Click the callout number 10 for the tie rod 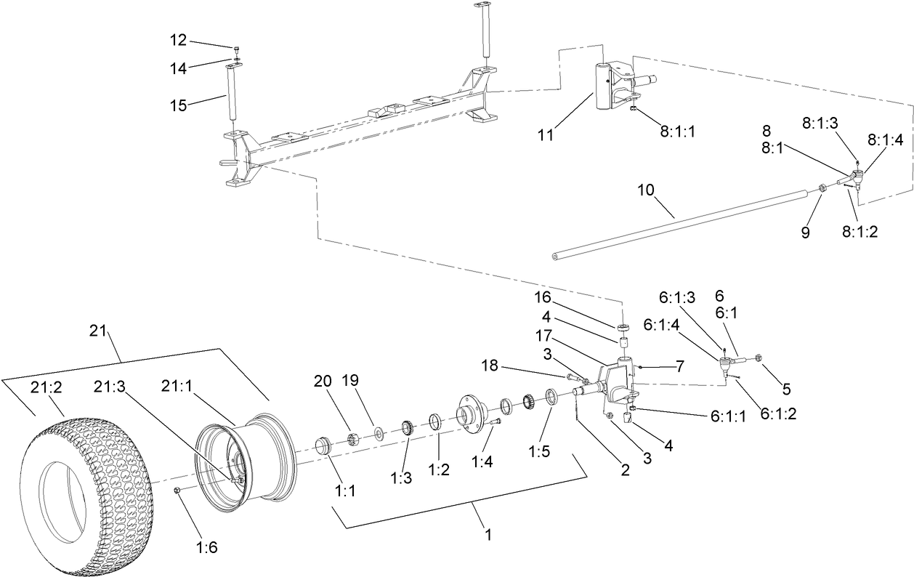click(x=647, y=190)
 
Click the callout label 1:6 click(x=208, y=548)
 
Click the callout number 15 click(x=177, y=105)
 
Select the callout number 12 click(x=178, y=40)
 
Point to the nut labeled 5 click(x=758, y=358)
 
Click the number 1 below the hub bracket click(x=488, y=534)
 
